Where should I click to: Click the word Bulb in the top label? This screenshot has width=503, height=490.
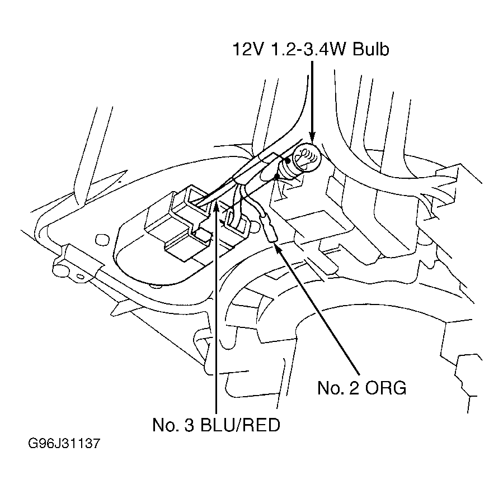point(371,49)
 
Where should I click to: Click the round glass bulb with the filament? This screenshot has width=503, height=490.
point(308,157)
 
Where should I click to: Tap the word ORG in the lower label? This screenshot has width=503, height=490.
point(386,388)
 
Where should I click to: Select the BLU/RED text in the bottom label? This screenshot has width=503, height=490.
point(240,425)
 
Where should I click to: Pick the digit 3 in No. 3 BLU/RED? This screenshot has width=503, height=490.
point(189,425)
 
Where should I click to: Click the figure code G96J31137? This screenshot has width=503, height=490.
point(64,444)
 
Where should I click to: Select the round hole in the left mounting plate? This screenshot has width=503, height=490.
point(102,240)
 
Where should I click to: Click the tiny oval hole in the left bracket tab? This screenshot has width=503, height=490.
point(80,277)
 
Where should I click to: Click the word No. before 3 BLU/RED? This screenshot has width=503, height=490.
point(166,425)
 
